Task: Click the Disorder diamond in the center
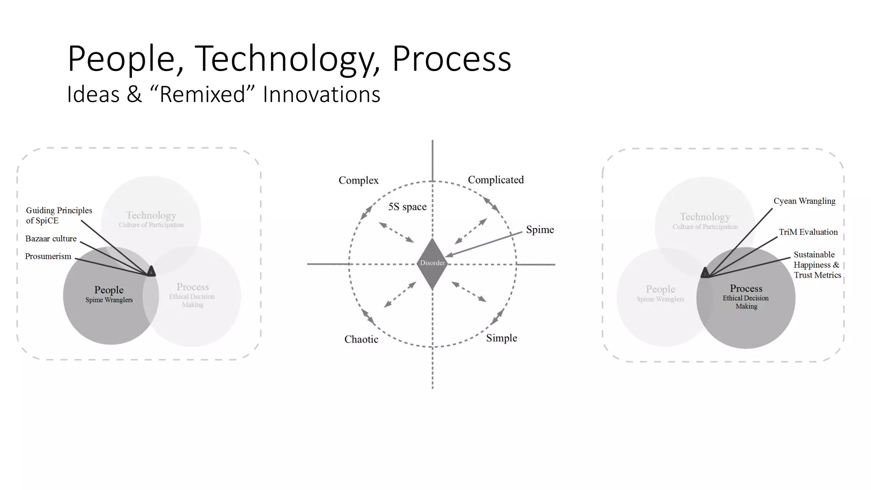point(432,263)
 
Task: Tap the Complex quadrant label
point(358,180)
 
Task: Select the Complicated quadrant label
point(495,180)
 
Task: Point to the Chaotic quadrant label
point(361,339)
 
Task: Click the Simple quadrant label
point(501,338)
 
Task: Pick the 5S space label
point(407,207)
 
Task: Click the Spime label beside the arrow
point(540,230)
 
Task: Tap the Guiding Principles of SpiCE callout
point(59,215)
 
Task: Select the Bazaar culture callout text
point(51,239)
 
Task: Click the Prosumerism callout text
point(48,256)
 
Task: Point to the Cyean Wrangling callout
point(804,201)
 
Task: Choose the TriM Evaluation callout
point(808,232)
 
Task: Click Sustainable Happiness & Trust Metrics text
point(817,265)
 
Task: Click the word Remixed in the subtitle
point(202,94)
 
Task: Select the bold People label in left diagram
point(109,290)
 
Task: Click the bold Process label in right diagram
point(746,288)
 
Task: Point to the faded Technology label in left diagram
point(151,216)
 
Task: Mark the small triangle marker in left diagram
point(151,271)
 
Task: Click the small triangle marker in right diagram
point(705,273)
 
